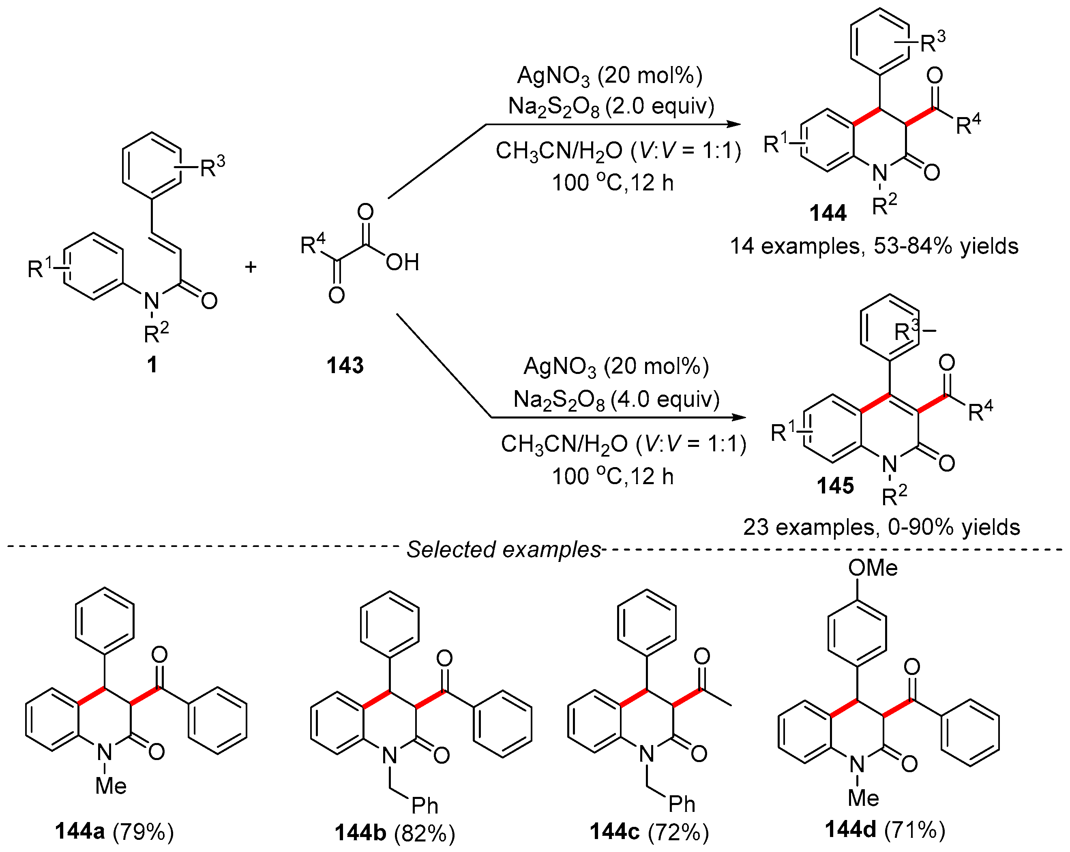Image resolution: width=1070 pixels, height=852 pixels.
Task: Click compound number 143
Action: (345, 365)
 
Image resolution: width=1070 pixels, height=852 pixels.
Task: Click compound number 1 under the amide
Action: (152, 365)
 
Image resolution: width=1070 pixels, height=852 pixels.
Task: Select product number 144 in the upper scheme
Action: (828, 213)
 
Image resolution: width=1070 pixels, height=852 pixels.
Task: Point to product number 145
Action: (836, 485)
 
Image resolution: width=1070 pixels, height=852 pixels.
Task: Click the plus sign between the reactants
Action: (251, 267)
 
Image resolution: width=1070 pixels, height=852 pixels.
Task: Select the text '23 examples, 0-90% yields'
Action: (881, 527)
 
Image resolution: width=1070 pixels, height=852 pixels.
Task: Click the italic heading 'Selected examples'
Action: (504, 549)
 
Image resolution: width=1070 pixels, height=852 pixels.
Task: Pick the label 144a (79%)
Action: (115, 832)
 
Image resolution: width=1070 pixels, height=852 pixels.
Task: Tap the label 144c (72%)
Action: (649, 832)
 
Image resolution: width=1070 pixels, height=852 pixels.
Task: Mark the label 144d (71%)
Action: (885, 830)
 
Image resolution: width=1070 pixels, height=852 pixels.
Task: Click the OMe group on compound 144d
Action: (873, 568)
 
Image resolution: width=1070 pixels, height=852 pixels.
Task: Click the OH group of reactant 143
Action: (403, 263)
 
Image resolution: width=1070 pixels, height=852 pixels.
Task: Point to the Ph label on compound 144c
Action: (682, 804)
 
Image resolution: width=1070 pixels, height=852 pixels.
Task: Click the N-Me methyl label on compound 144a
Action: (111, 786)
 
